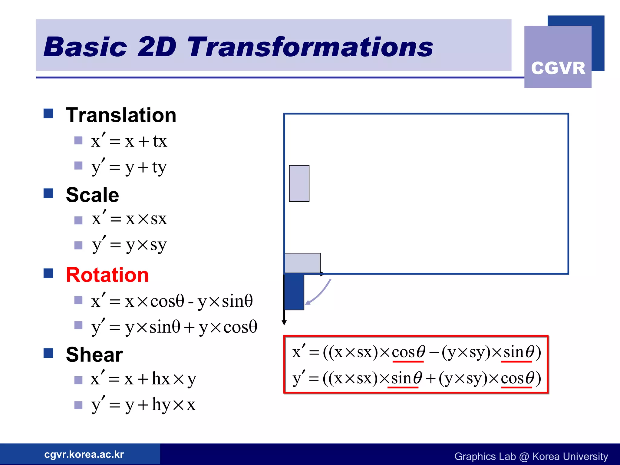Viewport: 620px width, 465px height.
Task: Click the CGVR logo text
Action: (x=558, y=68)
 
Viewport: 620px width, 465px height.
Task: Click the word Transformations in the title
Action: (x=310, y=47)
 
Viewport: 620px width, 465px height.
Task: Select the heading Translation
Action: (x=121, y=115)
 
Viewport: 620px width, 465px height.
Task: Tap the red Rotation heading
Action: (x=107, y=275)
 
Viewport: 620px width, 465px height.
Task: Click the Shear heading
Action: (x=94, y=355)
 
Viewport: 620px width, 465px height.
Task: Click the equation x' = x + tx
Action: (x=129, y=141)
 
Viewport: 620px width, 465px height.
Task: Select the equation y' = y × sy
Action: (x=129, y=245)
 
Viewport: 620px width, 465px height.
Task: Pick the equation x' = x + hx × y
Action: (x=143, y=379)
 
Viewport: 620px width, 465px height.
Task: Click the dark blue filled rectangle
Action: (x=294, y=292)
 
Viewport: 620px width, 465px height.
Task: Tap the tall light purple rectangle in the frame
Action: (x=299, y=183)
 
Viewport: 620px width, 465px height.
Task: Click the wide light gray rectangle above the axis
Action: (x=302, y=263)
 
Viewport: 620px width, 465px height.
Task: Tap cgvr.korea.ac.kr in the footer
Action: (x=84, y=454)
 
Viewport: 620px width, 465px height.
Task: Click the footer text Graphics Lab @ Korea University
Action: (x=531, y=456)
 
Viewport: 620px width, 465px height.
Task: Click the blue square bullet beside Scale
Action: (x=48, y=193)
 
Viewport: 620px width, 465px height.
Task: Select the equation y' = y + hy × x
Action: (x=143, y=405)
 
